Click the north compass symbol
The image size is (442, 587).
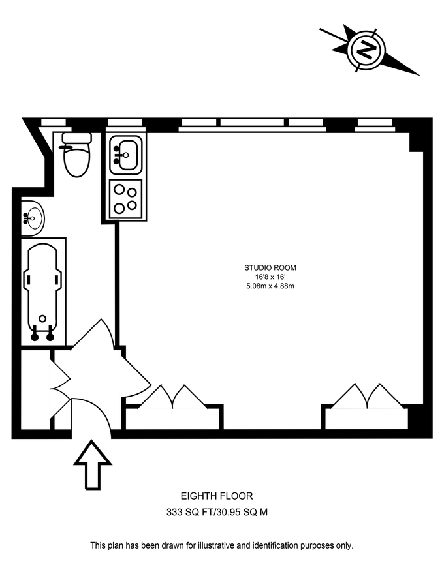coord(367,49)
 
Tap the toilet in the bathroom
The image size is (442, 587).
coord(76,156)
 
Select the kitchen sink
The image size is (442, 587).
coord(125,154)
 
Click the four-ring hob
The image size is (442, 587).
coord(125,199)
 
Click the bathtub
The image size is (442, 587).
coord(43,290)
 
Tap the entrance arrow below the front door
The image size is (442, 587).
coord(93,464)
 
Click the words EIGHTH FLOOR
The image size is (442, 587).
coord(216,497)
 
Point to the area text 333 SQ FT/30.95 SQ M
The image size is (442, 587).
coord(216,513)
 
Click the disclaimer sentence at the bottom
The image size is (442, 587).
coord(221,545)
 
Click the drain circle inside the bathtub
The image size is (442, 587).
coord(43,319)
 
